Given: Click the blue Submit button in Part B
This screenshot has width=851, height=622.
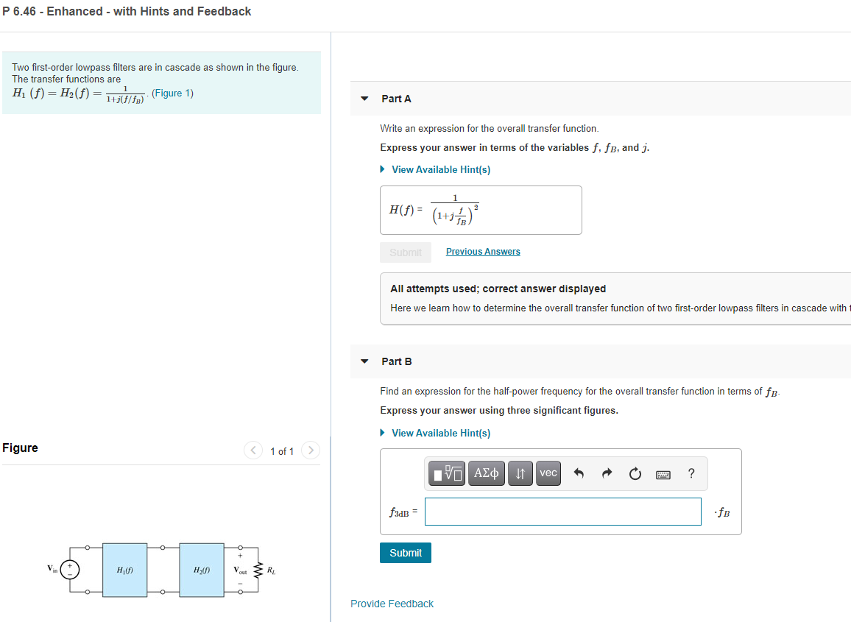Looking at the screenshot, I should (405, 553).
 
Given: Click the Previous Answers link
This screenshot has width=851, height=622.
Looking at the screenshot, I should (483, 252).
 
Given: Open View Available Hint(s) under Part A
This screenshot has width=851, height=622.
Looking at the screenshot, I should (440, 169).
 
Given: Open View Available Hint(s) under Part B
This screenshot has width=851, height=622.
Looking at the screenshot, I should (440, 433).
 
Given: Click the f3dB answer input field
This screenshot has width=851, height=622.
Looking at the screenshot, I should (562, 512).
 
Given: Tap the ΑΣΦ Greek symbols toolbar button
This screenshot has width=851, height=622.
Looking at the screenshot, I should (486, 473).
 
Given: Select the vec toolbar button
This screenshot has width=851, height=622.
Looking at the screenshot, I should (548, 473).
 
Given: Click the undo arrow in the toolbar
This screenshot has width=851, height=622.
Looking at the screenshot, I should (579, 474).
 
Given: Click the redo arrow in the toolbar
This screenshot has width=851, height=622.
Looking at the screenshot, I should (607, 474).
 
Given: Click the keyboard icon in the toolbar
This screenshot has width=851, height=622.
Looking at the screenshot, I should (663, 474).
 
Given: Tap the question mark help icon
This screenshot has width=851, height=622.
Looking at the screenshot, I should (691, 473).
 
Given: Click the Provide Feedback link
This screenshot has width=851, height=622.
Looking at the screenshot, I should (392, 604).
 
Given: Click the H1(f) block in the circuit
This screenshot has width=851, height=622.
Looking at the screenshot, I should (125, 570).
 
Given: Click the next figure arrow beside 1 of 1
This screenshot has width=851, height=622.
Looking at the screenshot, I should (311, 450).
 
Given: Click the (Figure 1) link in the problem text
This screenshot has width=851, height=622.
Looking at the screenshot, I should (172, 93).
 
